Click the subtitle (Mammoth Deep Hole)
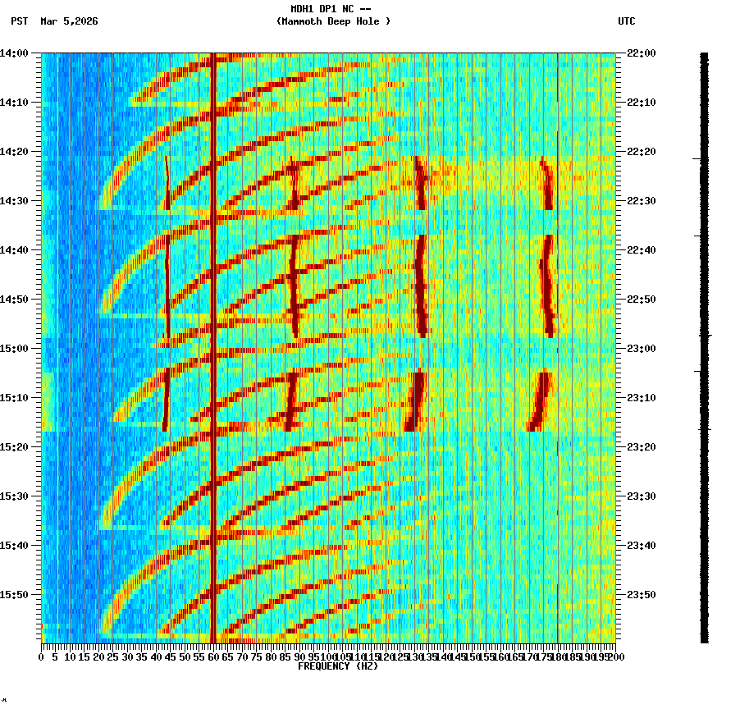[x=333, y=21]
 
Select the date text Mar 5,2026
[x=69, y=21]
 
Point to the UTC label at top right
[x=626, y=21]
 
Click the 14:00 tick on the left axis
[x=15, y=53]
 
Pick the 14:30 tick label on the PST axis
[x=15, y=201]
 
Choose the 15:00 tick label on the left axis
[x=15, y=349]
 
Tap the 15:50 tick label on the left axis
[x=15, y=595]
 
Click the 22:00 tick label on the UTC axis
[x=642, y=53]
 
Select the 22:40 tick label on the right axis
[x=642, y=250]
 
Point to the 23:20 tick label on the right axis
[x=642, y=447]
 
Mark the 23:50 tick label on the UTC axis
[x=642, y=595]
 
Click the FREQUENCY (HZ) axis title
[x=337, y=666]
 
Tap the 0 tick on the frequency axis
[x=42, y=657]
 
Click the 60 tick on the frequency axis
[x=214, y=657]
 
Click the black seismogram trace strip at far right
[x=704, y=345]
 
